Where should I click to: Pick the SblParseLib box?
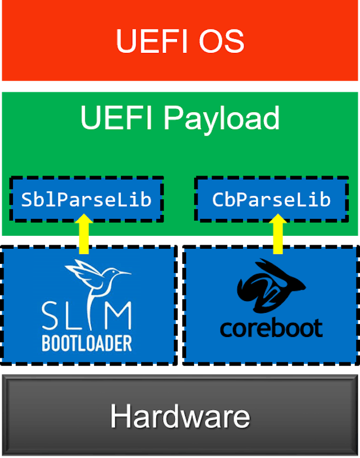(86, 199)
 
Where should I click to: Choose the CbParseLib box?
(271, 199)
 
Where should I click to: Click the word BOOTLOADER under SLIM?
(87, 343)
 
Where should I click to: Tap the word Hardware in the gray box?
(180, 416)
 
